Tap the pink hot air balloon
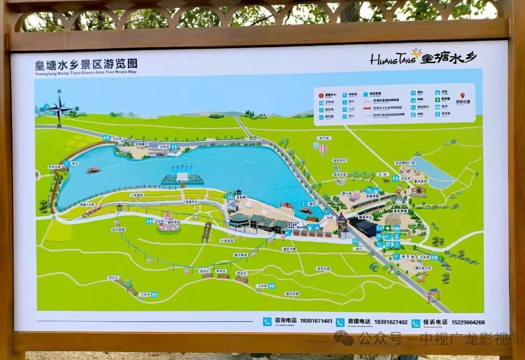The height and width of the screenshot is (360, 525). pyautogui.click(x=323, y=149)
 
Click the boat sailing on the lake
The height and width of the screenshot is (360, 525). pyautogui.click(x=93, y=171)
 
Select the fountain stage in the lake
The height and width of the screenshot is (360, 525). pyautogui.click(x=182, y=175)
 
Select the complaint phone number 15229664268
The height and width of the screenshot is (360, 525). pyautogui.click(x=468, y=322)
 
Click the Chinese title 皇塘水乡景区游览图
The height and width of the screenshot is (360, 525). pyautogui.click(x=86, y=64)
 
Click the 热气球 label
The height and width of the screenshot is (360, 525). pyautogui.click(x=323, y=138)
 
